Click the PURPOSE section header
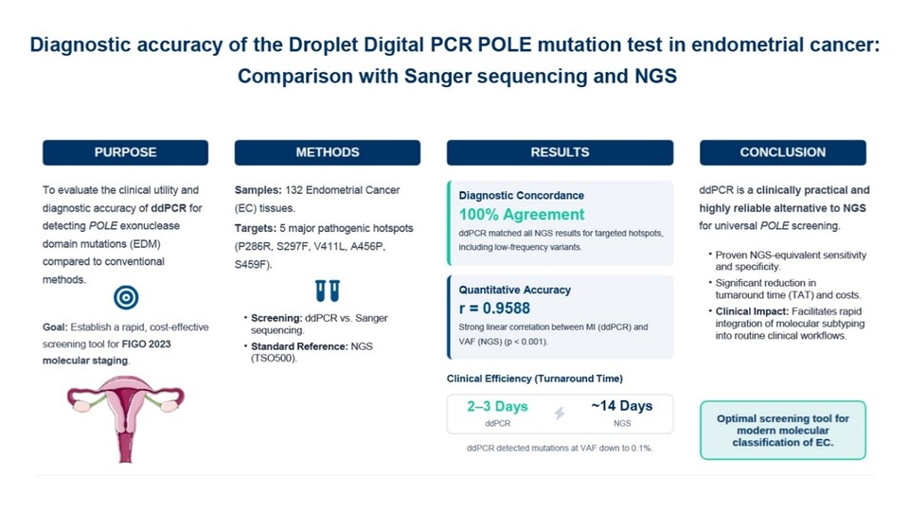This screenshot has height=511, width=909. (125, 152)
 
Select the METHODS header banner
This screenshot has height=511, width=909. (328, 152)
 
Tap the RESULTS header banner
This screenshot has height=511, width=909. (560, 152)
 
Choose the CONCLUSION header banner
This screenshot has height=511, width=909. (783, 152)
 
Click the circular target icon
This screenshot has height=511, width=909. (126, 298)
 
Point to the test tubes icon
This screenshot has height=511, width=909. (328, 291)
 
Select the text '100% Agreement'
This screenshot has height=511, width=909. (522, 215)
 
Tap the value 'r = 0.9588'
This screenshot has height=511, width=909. (494, 308)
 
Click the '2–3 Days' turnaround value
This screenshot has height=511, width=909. (497, 407)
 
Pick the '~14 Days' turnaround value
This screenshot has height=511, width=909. (622, 406)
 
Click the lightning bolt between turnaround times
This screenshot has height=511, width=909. (560, 414)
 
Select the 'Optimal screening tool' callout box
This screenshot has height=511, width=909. (783, 431)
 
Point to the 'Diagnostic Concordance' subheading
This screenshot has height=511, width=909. (521, 196)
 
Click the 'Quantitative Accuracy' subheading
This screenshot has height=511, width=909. (515, 291)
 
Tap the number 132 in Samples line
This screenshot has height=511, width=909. (294, 190)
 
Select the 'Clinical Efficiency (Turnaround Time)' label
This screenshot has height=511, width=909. (534, 379)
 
